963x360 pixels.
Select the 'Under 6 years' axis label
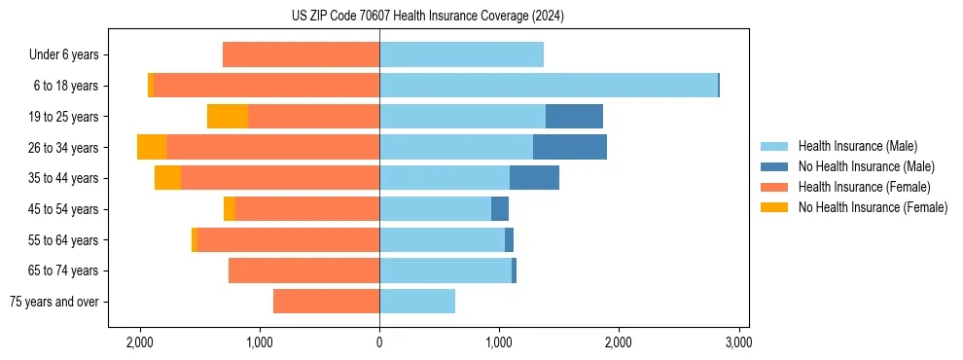(x=69, y=54)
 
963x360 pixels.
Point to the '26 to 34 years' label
(x=64, y=148)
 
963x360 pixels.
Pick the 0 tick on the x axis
(x=379, y=342)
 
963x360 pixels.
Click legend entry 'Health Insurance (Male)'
(x=857, y=146)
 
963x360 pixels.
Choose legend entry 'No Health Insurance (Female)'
(x=873, y=207)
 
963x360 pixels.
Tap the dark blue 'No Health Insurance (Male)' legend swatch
(x=774, y=166)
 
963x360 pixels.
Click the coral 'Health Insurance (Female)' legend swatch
(x=774, y=187)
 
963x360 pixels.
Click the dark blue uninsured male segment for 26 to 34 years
(x=570, y=147)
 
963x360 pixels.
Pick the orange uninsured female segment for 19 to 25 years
(x=228, y=117)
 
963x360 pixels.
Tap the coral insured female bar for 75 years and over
(x=326, y=302)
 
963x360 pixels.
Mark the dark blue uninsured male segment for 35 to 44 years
(x=534, y=178)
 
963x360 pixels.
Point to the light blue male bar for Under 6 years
(x=461, y=54)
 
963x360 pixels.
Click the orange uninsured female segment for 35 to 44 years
(x=167, y=178)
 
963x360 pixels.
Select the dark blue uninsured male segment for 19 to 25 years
(x=574, y=117)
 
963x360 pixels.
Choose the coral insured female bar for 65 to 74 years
(x=303, y=270)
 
